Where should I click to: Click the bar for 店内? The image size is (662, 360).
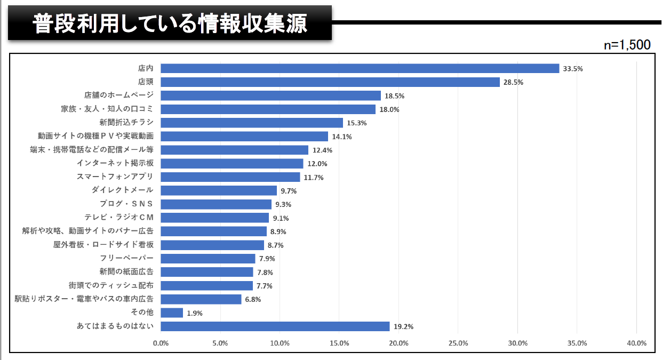(360, 68)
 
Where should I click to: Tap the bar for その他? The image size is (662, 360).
(172, 313)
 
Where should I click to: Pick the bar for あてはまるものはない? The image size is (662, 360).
(275, 326)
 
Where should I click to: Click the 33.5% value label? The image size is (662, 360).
(573, 69)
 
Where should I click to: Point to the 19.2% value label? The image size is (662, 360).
(403, 327)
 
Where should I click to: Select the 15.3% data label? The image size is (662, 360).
(357, 123)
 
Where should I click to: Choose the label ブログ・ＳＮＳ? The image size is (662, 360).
(126, 204)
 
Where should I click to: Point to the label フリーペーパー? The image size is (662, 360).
(126, 258)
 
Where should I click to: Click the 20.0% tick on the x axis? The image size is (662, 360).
(399, 343)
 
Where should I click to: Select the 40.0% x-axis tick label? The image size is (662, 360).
(637, 343)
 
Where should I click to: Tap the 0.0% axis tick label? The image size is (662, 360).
(161, 343)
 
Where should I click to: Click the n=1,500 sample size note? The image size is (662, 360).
(627, 45)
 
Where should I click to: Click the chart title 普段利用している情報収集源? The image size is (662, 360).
(170, 23)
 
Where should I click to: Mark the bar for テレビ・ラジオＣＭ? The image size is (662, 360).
(214, 218)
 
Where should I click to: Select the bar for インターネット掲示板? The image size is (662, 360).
(232, 164)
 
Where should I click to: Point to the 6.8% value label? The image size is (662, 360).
(253, 300)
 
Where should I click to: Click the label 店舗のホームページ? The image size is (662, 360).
(119, 95)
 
